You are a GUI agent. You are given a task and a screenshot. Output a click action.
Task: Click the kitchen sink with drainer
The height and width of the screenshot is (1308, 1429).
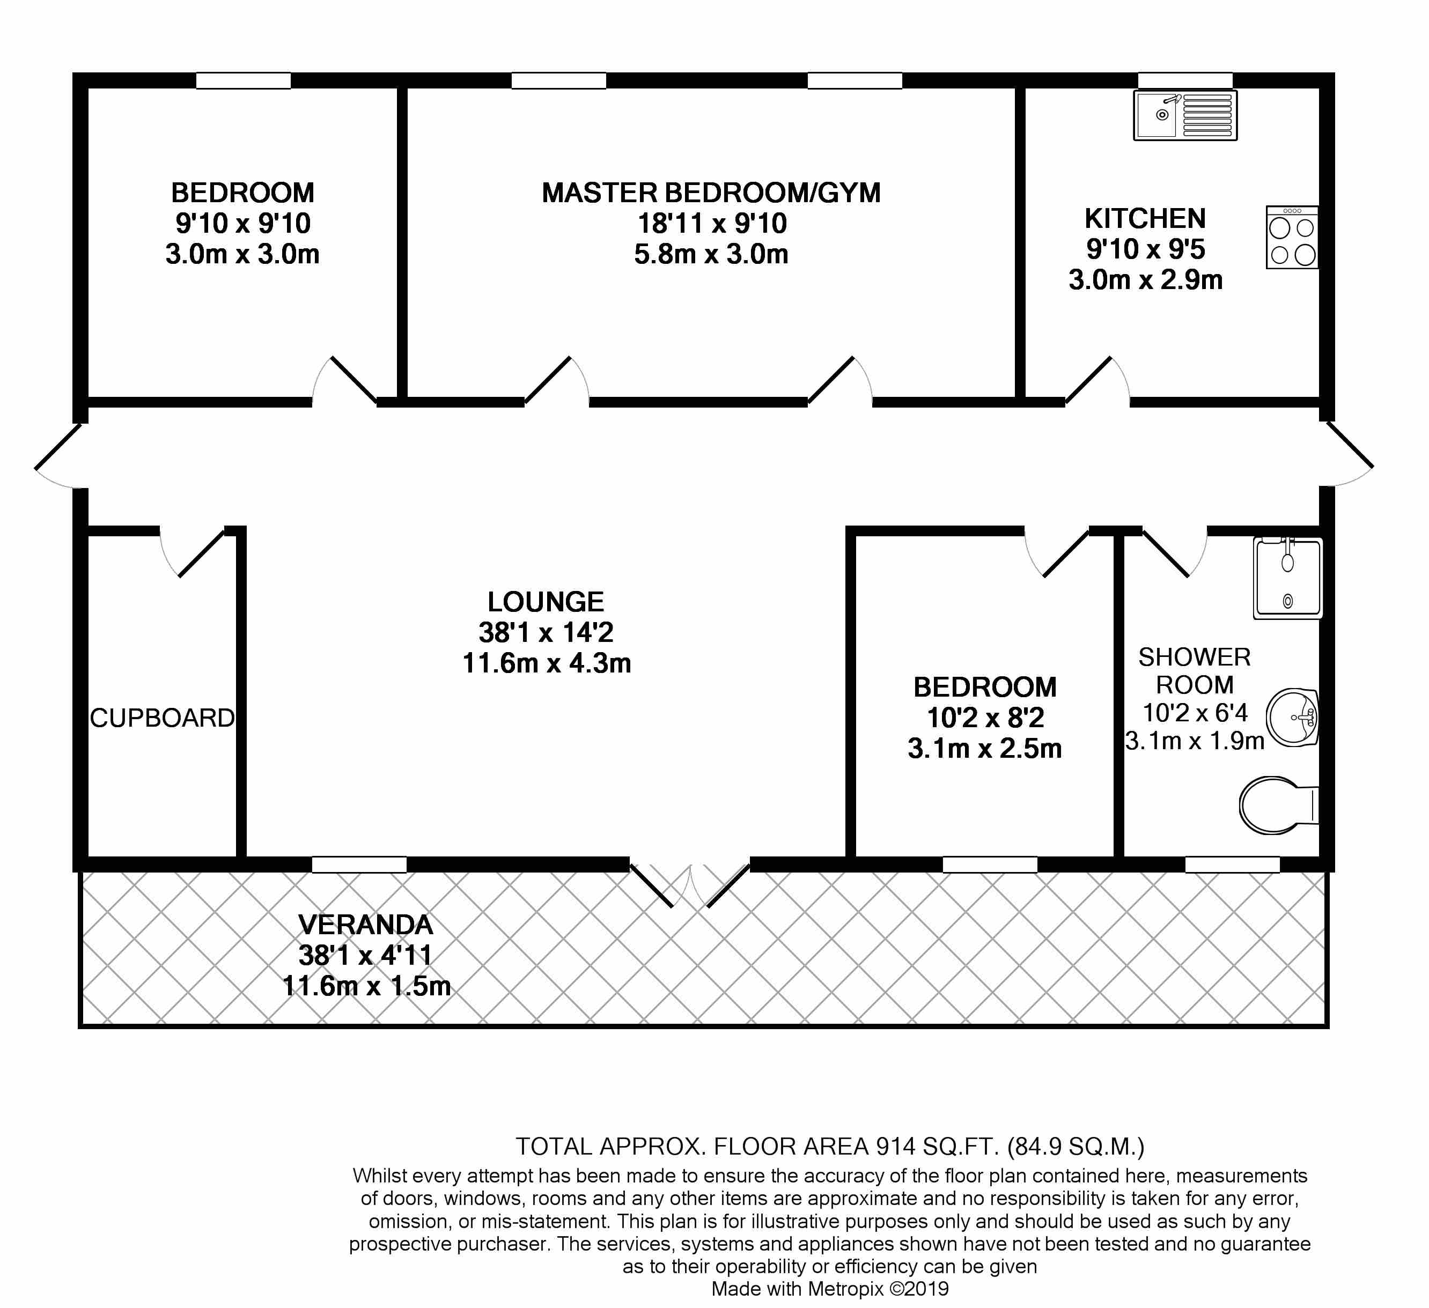click(x=1185, y=115)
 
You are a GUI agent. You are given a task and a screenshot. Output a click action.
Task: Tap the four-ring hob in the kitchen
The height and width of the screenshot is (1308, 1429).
click(x=1292, y=238)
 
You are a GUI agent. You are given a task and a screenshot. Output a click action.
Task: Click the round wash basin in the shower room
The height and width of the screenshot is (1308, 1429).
click(x=1292, y=717)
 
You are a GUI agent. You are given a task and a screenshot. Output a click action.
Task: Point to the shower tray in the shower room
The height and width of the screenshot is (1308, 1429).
click(x=1287, y=578)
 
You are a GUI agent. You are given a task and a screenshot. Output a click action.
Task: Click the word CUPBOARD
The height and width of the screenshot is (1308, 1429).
click(x=163, y=719)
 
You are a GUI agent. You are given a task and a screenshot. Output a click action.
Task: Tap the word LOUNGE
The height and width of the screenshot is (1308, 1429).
click(x=546, y=602)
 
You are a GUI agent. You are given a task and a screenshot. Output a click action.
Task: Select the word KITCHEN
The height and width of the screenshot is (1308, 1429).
click(x=1145, y=219)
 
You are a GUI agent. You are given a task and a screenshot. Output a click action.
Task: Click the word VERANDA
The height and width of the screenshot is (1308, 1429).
click(x=366, y=925)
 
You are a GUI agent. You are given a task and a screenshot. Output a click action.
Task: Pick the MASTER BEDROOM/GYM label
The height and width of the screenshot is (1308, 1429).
click(x=711, y=193)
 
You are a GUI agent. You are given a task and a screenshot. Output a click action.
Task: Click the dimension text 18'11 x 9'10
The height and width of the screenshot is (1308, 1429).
click(x=712, y=224)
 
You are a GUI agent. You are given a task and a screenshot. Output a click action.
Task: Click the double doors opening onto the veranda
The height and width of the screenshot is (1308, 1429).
click(x=690, y=886)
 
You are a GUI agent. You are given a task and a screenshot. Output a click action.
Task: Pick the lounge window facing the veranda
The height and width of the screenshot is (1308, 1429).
click(x=359, y=864)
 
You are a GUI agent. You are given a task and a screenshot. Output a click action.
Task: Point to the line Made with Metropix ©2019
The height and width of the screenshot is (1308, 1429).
click(x=830, y=1289)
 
